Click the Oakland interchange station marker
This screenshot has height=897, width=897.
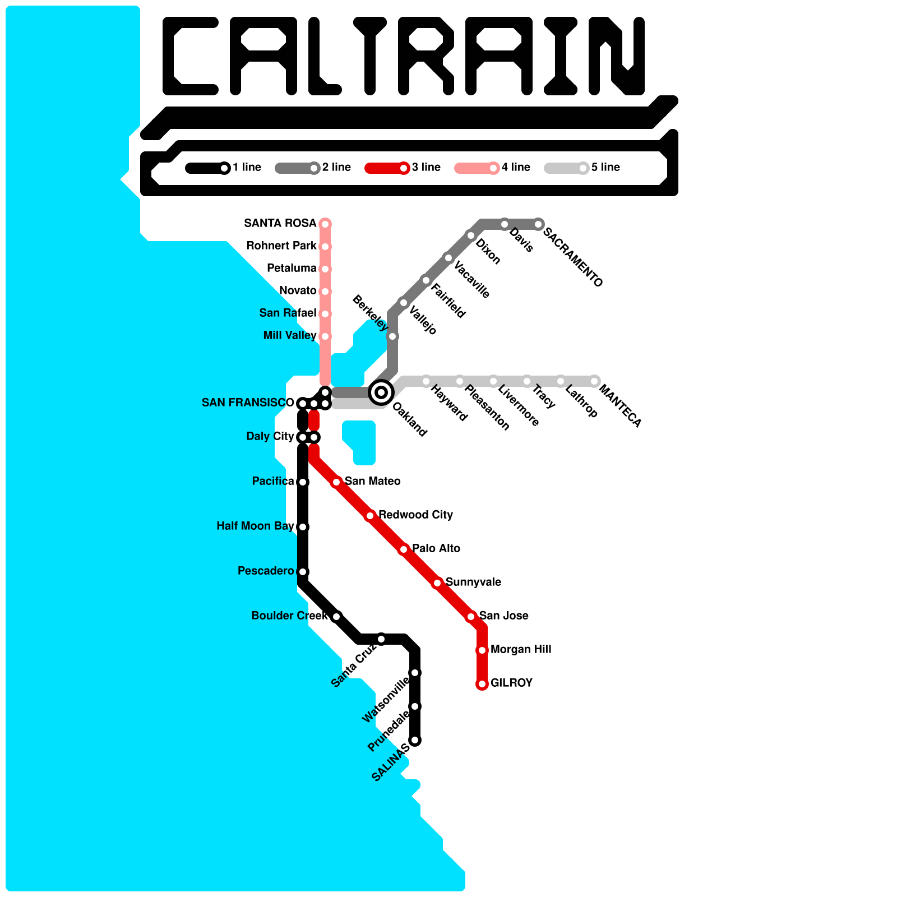pyautogui.click(x=381, y=392)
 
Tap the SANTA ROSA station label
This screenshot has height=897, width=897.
pyautogui.click(x=280, y=224)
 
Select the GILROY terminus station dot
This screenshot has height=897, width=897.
pyautogui.click(x=482, y=684)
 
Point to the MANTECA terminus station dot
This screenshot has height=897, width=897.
pyautogui.click(x=594, y=381)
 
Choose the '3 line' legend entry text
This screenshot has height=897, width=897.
pyautogui.click(x=426, y=168)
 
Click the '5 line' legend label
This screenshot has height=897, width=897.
pyautogui.click(x=605, y=168)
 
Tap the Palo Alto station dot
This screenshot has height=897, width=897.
pyautogui.click(x=404, y=549)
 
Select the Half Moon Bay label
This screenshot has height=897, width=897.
pyautogui.click(x=255, y=526)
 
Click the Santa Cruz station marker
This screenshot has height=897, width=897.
pyautogui.click(x=381, y=639)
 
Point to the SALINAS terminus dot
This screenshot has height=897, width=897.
pyautogui.click(x=415, y=740)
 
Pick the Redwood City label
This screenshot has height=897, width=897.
pyautogui.click(x=415, y=515)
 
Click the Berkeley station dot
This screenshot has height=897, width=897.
pyautogui.click(x=393, y=336)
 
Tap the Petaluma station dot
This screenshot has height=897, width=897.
pyautogui.click(x=325, y=269)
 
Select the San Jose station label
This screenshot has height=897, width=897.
pyautogui.click(x=503, y=616)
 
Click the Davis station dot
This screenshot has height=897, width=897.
pyautogui.click(x=505, y=224)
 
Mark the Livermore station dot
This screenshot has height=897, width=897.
pyautogui.click(x=493, y=381)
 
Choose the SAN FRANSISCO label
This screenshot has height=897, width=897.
pyautogui.click(x=248, y=403)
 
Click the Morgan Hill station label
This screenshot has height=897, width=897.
pyautogui.click(x=521, y=650)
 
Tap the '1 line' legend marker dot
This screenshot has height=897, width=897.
pyautogui.click(x=224, y=168)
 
